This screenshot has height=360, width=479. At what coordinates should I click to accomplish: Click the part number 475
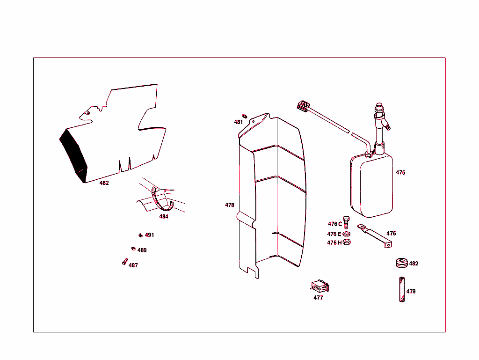pos(400,173)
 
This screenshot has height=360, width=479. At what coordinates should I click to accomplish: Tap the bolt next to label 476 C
pos(346,223)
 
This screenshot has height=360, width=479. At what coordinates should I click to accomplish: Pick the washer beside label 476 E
pos(346,234)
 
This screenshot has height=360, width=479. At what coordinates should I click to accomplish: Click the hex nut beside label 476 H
pos(347,242)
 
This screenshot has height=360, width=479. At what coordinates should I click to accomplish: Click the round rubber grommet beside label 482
pos(401,263)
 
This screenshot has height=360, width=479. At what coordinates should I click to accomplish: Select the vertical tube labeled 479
pos(401,290)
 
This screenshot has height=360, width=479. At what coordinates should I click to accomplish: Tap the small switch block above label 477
pos(319,286)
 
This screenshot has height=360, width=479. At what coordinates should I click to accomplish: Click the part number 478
pos(229,205)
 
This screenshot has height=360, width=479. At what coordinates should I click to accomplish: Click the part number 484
pos(164,217)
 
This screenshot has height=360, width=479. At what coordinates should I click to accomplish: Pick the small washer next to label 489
pos(133,249)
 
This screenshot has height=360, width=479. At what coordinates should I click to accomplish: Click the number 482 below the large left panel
pos(104,183)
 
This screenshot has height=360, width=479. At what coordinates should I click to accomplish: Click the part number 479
pos(411,291)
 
